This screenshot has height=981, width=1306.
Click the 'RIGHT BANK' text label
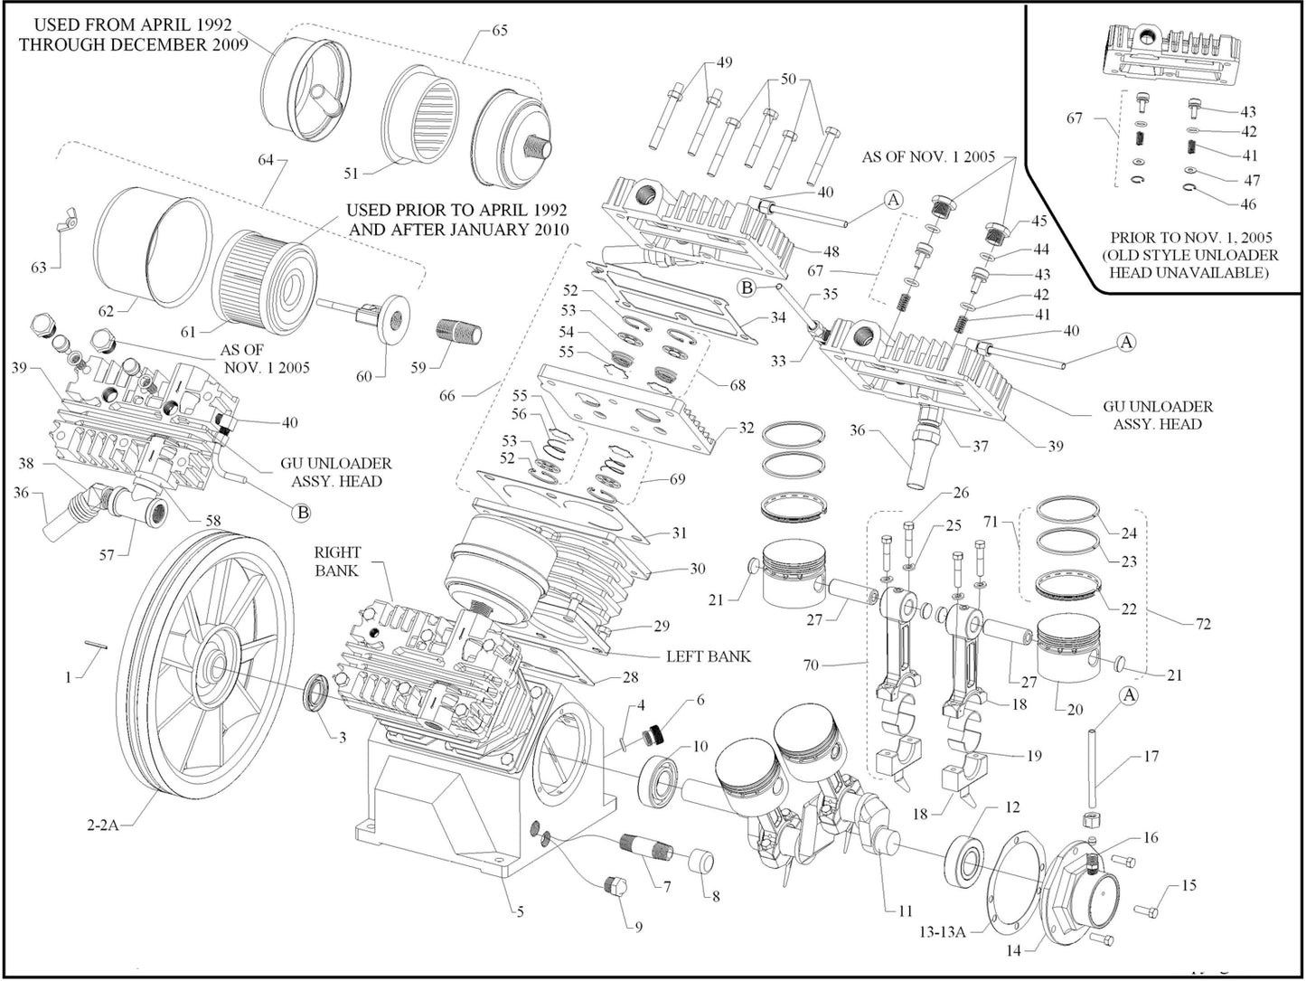coord(337,561)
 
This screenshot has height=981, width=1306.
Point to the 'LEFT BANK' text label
coord(708,656)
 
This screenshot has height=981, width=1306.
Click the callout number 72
coord(1203,624)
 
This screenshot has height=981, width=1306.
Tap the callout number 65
coord(499,30)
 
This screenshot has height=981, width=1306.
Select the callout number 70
coord(811,665)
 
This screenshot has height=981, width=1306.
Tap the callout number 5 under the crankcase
coord(520,911)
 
